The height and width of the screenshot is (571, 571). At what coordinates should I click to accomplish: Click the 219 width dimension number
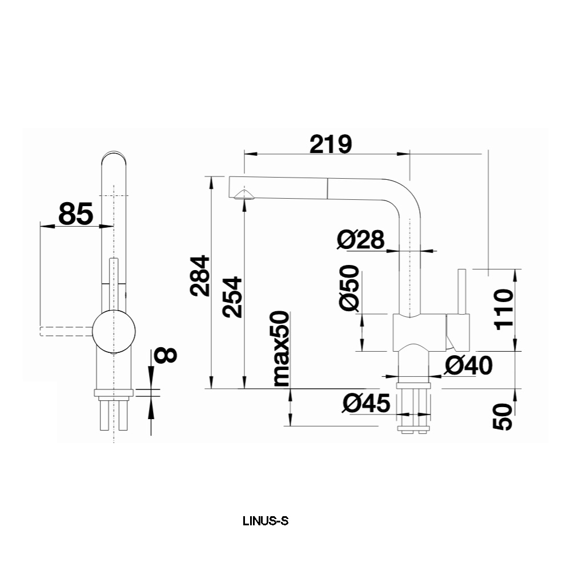[x=331, y=144]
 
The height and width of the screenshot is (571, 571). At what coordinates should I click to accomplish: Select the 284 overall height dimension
[x=200, y=275]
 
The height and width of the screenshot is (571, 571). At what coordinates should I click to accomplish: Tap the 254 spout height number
[x=232, y=297]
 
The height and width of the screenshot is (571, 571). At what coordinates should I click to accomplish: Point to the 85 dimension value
[x=75, y=214]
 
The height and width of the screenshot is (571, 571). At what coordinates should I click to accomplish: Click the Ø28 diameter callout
[x=360, y=240]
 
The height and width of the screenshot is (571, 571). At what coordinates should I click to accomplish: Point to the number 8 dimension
[x=166, y=355]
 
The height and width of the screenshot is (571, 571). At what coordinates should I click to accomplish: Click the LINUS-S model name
[x=266, y=521]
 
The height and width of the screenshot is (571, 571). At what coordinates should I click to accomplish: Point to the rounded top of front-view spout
[x=115, y=156]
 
